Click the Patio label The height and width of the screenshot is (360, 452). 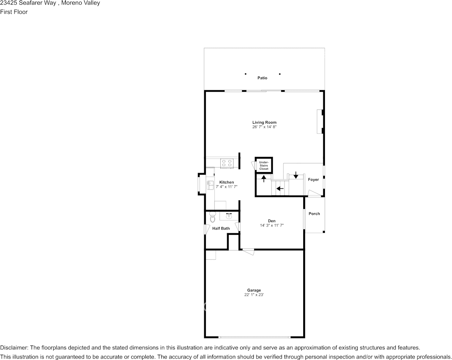[262, 78]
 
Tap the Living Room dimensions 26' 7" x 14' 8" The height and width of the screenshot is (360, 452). [264, 127]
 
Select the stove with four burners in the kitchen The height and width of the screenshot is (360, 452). [227, 163]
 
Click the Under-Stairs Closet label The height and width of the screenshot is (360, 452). [264, 166]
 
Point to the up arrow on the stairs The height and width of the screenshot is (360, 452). [264, 178]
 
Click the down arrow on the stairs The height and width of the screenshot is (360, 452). [296, 176]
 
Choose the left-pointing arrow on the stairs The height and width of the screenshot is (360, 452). [280, 188]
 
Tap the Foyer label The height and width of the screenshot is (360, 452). [314, 180]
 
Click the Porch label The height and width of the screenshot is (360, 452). [314, 214]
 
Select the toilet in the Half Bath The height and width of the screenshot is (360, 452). [212, 217]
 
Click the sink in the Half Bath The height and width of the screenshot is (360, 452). [229, 216]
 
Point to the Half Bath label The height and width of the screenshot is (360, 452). [221, 229]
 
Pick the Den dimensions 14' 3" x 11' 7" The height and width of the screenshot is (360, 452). [272, 226]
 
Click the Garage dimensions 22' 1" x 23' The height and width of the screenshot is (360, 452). [254, 295]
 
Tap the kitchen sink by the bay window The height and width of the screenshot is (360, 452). [210, 185]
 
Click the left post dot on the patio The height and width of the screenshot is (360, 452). [245, 74]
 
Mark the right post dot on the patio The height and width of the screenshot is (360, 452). [280, 74]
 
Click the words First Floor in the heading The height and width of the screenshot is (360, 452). [14, 12]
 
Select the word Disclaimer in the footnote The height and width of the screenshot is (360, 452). [13, 348]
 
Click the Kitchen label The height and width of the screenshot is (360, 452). [226, 182]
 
